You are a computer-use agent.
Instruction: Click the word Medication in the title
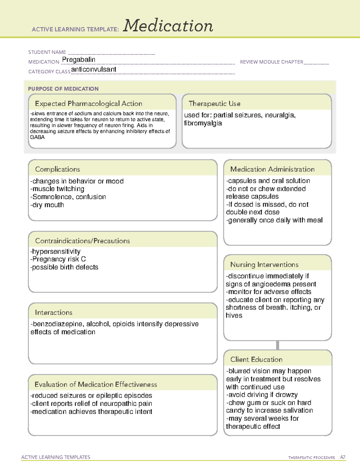click(x=168, y=26)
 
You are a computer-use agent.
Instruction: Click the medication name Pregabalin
click(x=79, y=60)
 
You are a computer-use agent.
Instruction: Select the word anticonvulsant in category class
click(x=94, y=69)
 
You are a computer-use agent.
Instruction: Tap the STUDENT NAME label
click(x=47, y=52)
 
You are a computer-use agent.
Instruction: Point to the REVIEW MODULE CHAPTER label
click(x=271, y=62)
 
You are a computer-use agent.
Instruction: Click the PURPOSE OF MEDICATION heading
click(x=63, y=89)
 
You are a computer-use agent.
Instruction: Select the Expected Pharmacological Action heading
click(x=88, y=104)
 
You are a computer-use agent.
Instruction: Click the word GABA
click(x=37, y=137)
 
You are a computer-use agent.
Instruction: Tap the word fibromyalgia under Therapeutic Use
click(x=203, y=123)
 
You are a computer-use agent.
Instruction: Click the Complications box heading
click(x=58, y=169)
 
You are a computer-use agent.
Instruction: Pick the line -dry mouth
click(x=47, y=205)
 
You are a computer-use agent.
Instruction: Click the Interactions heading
click(x=54, y=312)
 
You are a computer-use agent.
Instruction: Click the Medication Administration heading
click(x=272, y=169)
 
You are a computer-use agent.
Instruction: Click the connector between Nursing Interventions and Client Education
click(x=277, y=345)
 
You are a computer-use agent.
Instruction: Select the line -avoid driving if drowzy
click(x=262, y=395)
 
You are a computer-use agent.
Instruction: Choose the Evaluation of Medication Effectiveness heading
click(x=96, y=384)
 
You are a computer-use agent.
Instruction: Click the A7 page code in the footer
click(x=343, y=457)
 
